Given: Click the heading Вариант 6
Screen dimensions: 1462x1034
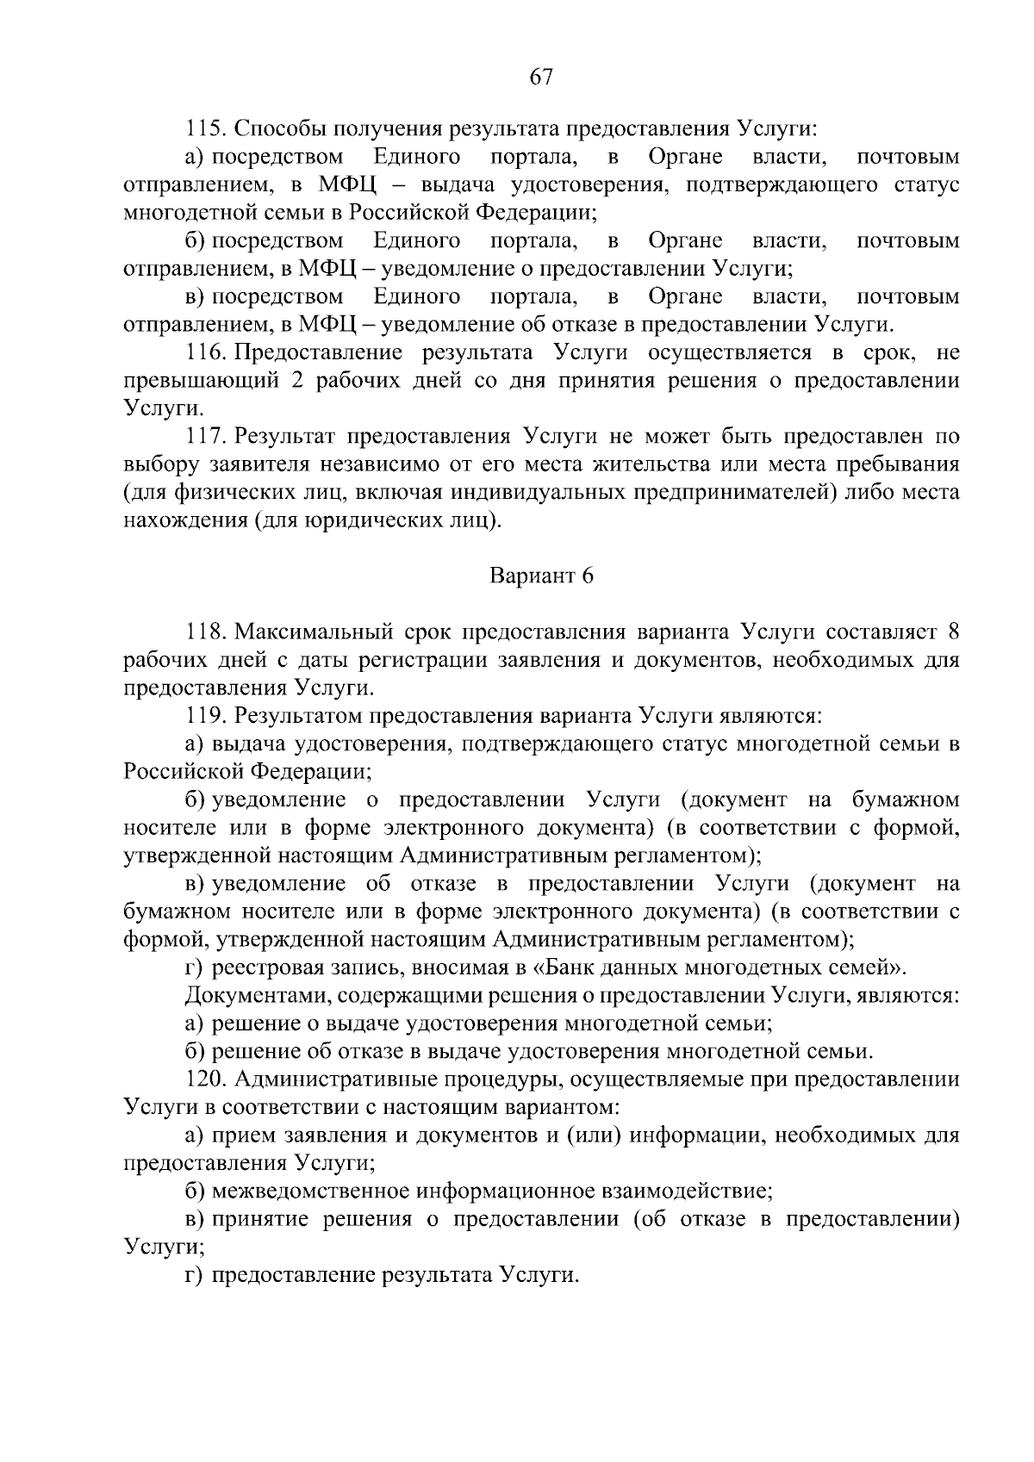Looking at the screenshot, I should click(x=541, y=576).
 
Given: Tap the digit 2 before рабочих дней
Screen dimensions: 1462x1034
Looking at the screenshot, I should click(x=296, y=381).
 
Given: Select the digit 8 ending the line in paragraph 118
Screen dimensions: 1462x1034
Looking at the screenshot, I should click(x=953, y=632).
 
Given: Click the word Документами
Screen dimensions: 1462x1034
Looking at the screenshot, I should click(x=258, y=996).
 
